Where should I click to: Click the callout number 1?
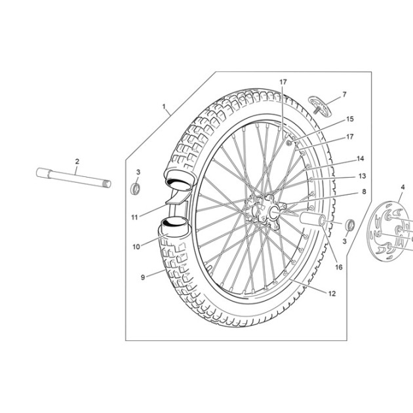164,107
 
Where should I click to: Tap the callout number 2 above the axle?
77,161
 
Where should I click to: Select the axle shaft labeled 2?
73,178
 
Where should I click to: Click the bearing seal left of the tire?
136,189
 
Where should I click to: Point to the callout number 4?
403,187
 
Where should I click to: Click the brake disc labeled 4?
390,231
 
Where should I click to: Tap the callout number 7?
345,94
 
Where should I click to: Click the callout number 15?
350,119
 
